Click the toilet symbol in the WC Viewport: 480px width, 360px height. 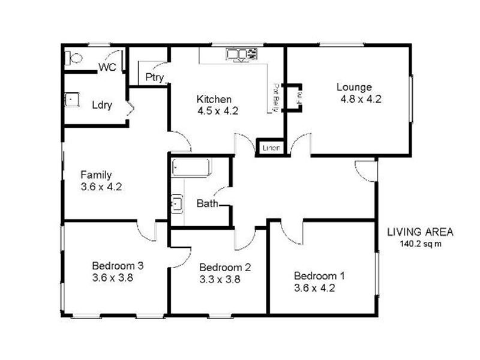coord(74,59)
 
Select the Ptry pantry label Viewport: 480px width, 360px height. coord(155,77)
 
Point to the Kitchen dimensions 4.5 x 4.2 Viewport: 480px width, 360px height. coord(218,110)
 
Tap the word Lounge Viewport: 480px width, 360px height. coord(354,87)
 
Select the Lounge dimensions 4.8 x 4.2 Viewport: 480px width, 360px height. coord(361,100)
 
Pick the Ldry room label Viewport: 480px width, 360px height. coord(101,105)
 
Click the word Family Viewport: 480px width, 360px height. coord(96,175)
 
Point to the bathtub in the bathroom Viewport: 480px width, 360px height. coord(191,167)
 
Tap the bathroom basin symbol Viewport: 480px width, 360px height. coord(177,204)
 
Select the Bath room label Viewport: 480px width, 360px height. coord(207,204)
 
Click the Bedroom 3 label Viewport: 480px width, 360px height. coord(117,265)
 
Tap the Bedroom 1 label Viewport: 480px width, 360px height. coord(319,276)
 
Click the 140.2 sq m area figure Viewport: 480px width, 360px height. coord(420,244)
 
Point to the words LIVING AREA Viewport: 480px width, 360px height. coord(420,232)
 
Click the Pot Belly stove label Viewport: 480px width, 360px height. coord(277,97)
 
